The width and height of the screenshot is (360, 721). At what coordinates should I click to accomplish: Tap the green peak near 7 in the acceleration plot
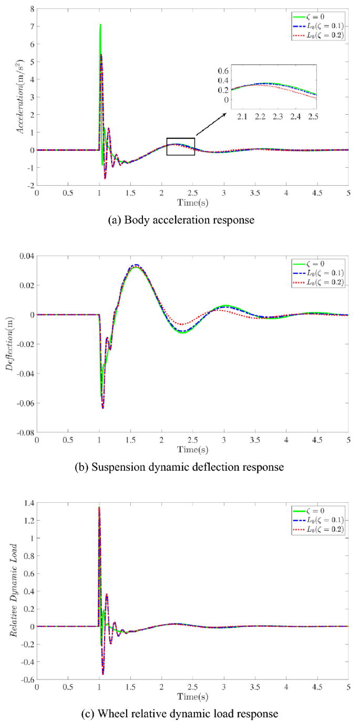tap(100, 25)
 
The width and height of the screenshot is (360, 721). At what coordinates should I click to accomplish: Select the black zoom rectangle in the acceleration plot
tap(180, 146)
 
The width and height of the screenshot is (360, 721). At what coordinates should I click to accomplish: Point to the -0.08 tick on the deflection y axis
tap(24, 433)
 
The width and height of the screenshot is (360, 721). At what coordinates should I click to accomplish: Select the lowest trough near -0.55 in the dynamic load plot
tap(103, 674)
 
